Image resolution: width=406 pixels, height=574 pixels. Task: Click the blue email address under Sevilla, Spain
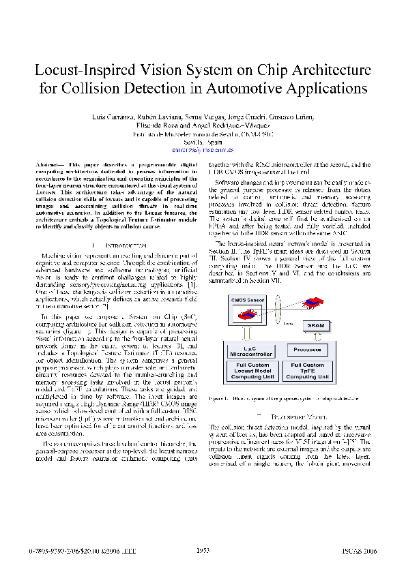click(203, 149)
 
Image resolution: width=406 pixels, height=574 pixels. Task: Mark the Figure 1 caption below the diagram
click(289, 397)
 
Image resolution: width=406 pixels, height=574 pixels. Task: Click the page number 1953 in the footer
click(203, 550)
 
